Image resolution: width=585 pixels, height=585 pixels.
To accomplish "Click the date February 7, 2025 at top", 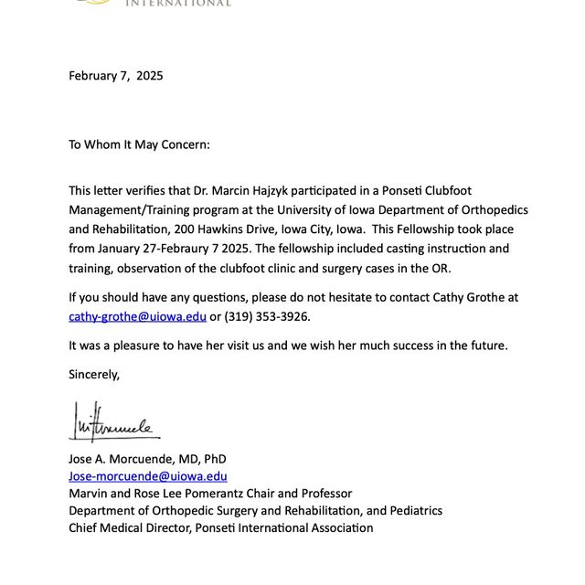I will click(116, 76).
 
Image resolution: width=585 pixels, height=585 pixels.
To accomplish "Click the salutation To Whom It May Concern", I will click(139, 144).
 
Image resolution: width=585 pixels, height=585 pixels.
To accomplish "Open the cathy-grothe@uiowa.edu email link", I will click(137, 316).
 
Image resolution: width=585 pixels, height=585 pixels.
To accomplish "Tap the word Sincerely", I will click(94, 374).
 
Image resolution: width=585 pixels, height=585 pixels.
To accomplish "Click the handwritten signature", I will click(114, 422).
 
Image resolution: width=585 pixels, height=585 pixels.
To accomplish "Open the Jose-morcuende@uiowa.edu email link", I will click(148, 475).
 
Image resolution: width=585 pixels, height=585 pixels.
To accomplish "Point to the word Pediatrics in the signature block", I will click(411, 510).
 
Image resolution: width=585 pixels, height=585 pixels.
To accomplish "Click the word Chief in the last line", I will click(85, 527).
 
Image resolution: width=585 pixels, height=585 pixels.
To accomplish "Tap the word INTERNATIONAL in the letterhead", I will click(177, 4).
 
